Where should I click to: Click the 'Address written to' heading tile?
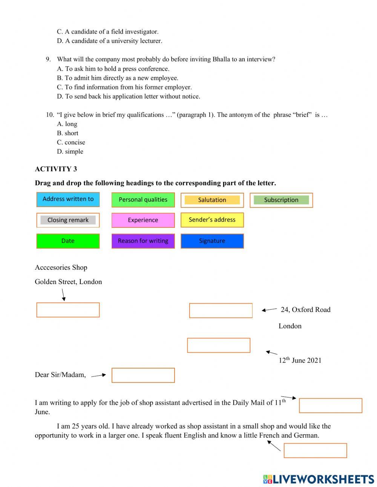[68, 199]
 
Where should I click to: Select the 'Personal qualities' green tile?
[143, 200]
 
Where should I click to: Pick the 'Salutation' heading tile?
[212, 200]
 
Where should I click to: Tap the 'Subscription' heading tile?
[281, 200]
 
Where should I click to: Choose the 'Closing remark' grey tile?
[68, 220]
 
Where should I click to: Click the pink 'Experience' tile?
[143, 220]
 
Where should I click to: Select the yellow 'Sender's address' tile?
[212, 220]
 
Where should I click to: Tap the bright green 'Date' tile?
[68, 241]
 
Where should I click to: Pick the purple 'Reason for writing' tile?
[143, 241]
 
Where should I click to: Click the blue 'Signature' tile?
[212, 241]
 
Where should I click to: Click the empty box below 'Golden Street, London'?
[68, 310]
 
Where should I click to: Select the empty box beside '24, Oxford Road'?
[221, 310]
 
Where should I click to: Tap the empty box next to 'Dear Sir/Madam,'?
[143, 375]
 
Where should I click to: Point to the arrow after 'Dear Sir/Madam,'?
[99, 375]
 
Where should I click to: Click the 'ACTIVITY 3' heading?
[56, 169]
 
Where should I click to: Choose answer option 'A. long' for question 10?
[67, 124]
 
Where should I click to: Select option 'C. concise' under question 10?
[71, 143]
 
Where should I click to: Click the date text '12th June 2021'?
[300, 360]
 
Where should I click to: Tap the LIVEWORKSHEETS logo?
[319, 479]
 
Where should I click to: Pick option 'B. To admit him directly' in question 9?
[118, 78]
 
